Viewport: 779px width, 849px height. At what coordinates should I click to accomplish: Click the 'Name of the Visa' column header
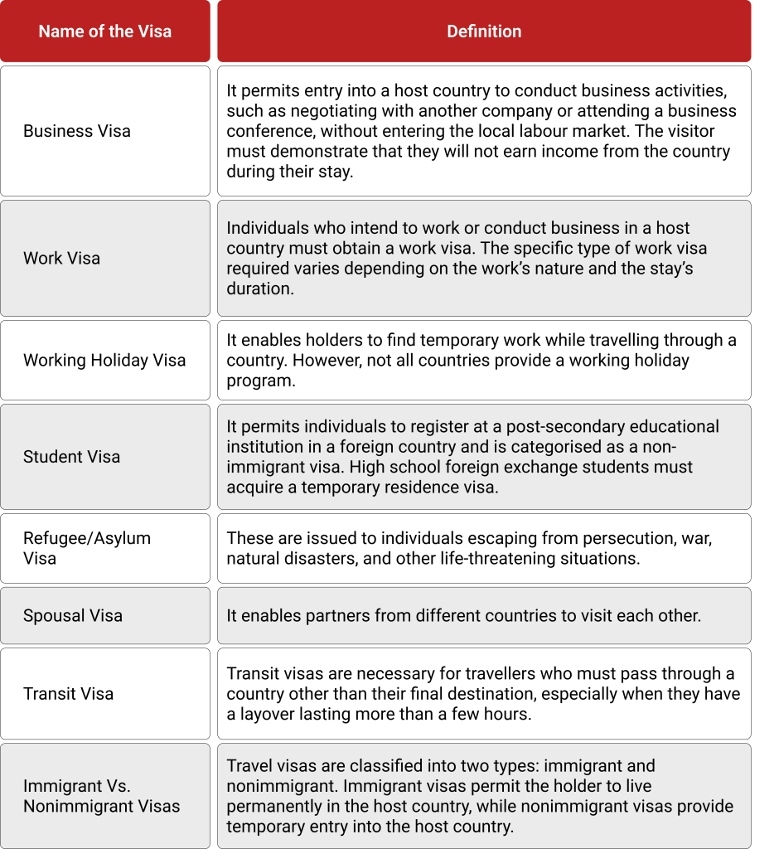[x=105, y=32]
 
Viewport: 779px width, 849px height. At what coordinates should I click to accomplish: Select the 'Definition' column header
[x=484, y=32]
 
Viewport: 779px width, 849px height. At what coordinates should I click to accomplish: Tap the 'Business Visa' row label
[x=77, y=131]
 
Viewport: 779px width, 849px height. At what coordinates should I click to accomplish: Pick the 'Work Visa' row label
[x=61, y=258]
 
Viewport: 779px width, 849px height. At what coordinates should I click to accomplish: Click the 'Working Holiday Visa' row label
[x=104, y=361]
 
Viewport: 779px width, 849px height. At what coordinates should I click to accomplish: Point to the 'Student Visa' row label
[x=71, y=457]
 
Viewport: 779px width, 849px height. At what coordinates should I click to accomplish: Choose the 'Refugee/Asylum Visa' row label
[x=87, y=548]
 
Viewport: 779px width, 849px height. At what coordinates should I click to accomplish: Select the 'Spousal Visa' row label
[x=73, y=616]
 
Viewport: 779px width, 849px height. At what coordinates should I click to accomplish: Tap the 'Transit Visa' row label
[x=68, y=694]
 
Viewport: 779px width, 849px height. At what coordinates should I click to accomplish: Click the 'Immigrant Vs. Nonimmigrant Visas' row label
[x=101, y=796]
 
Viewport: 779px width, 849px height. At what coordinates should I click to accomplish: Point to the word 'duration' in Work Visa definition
[x=259, y=289]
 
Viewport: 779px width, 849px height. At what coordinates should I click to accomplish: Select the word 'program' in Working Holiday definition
[x=259, y=381]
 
